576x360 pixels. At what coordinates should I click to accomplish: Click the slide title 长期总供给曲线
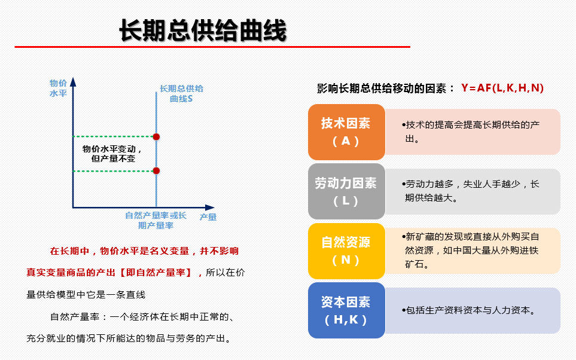pyautogui.click(x=202, y=30)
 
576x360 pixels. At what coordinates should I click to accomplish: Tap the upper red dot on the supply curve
pyautogui.click(x=156, y=137)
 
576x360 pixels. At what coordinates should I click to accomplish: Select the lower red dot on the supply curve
pyautogui.click(x=156, y=171)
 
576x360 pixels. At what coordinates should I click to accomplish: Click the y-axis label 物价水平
pyautogui.click(x=58, y=88)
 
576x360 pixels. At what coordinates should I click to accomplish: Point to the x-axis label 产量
pyautogui.click(x=208, y=217)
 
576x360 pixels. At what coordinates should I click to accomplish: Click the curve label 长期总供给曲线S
pyautogui.click(x=181, y=94)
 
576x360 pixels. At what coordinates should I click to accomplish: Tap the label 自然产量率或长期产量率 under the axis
pyautogui.click(x=156, y=221)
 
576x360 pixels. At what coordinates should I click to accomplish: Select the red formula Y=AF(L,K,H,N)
pyautogui.click(x=502, y=88)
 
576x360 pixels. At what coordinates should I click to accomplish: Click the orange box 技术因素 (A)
pyautogui.click(x=346, y=132)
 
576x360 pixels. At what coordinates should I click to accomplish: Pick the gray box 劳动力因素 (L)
pyautogui.click(x=346, y=191)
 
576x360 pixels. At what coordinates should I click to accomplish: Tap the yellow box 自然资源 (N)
pyautogui.click(x=346, y=251)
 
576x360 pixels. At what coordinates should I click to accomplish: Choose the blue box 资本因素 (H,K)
pyautogui.click(x=346, y=310)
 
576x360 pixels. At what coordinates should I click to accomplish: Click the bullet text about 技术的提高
pyautogui.click(x=471, y=132)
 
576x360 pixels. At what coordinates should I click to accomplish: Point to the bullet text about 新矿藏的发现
pyautogui.click(x=471, y=251)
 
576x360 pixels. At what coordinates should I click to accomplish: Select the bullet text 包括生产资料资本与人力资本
pyautogui.click(x=469, y=310)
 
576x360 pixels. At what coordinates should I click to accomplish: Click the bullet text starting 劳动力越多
pyautogui.click(x=471, y=191)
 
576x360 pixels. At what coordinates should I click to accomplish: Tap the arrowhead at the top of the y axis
pyautogui.click(x=73, y=81)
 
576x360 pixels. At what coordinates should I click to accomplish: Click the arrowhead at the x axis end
pyautogui.click(x=210, y=208)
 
